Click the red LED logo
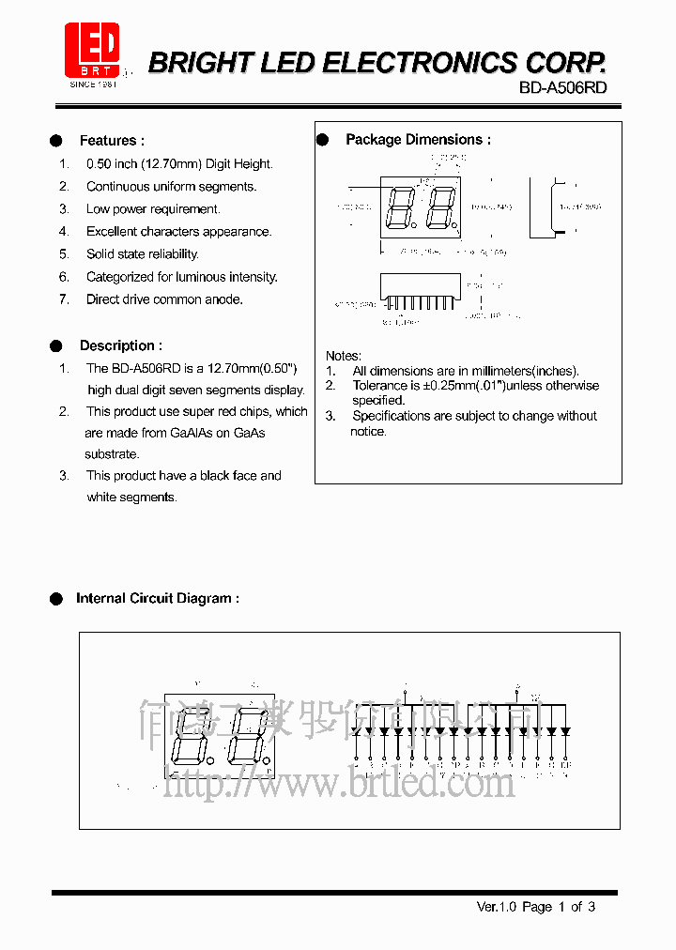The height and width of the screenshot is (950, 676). click(92, 50)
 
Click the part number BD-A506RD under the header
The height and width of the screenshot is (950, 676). click(563, 87)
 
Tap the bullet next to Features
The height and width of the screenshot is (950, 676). click(56, 141)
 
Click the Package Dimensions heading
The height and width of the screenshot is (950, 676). click(418, 140)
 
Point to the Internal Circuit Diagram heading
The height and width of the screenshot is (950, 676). click(157, 598)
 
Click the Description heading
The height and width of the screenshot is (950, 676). click(120, 345)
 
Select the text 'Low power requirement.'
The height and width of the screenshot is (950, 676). click(153, 209)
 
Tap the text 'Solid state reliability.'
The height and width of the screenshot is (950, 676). click(143, 254)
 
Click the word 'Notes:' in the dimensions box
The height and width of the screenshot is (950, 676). click(343, 356)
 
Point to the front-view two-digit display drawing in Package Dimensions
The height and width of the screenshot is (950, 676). click(420, 208)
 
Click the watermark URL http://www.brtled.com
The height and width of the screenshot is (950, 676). click(339, 782)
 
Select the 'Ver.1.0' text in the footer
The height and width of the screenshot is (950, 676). click(497, 907)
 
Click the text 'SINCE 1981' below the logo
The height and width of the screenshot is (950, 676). click(93, 84)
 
